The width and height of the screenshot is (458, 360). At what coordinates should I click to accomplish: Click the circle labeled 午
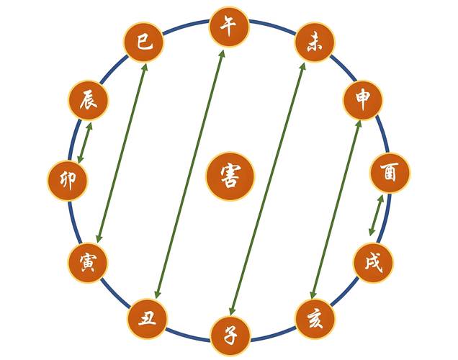coord(229,26)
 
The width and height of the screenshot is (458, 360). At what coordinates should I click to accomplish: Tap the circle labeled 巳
coord(144,42)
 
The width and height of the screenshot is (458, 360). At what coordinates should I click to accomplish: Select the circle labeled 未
coord(314,42)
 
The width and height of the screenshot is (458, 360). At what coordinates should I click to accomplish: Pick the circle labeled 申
coord(362,100)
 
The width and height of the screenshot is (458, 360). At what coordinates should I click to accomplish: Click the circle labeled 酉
coord(390,173)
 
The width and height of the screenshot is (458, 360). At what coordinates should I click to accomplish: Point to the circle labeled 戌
coord(373,263)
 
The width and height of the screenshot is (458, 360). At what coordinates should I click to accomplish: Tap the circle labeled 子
coord(230,336)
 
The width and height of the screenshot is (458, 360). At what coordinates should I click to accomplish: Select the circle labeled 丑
coord(147,319)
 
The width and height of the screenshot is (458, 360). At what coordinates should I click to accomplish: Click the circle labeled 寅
coord(88,263)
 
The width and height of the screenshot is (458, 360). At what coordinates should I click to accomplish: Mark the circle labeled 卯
coord(68,180)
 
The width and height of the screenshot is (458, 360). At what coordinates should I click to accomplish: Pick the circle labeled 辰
coord(88,100)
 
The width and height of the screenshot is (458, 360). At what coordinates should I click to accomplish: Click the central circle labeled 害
coord(230,176)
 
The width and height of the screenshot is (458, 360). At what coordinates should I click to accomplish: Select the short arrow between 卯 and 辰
coord(85,143)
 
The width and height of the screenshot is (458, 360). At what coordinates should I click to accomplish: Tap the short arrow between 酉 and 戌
coord(376,215)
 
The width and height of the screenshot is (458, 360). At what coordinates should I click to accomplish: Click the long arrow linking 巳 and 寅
coord(122,153)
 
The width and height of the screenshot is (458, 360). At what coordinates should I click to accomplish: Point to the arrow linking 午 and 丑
coord(189,174)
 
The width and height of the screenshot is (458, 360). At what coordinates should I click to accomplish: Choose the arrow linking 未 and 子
coord(267,189)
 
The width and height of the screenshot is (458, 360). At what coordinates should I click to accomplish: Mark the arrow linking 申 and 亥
coord(336,210)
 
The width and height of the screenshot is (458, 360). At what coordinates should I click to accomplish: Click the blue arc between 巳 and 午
coord(186,25)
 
